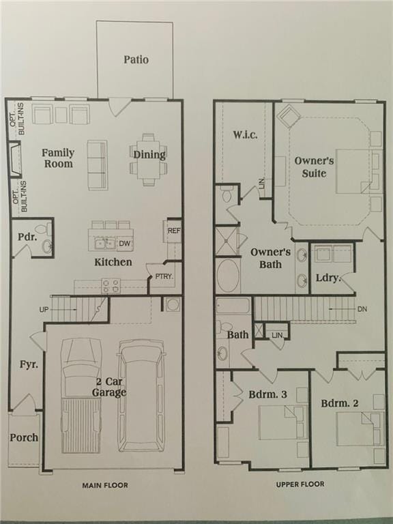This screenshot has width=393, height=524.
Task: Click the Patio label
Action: (x=136, y=59)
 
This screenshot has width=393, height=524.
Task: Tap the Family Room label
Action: (x=57, y=158)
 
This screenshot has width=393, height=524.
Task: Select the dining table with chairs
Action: (x=149, y=159)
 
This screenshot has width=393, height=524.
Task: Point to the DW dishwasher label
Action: (x=124, y=244)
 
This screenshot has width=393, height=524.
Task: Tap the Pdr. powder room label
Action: (x=27, y=237)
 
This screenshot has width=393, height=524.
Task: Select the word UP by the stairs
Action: (x=44, y=310)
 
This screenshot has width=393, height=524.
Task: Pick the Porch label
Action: (x=24, y=437)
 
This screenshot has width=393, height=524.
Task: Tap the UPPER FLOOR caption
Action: (x=300, y=484)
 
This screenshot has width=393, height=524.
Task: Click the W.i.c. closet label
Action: (x=244, y=134)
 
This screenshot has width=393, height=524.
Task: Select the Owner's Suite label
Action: (x=314, y=167)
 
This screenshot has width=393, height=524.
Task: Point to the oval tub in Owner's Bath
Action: (x=228, y=276)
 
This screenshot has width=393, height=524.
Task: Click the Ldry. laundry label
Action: (x=327, y=278)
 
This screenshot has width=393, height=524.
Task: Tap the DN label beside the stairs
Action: (x=362, y=309)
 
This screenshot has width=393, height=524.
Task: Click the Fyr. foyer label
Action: (x=29, y=364)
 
